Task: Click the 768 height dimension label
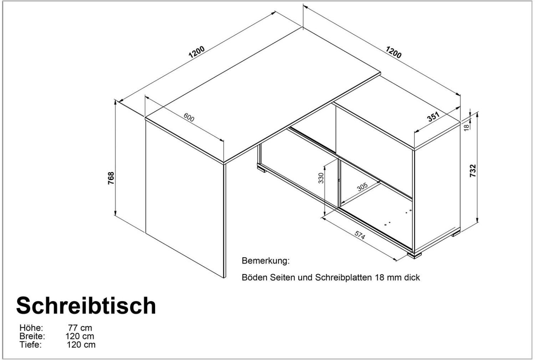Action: coord(111,178)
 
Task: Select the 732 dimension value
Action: coord(473,171)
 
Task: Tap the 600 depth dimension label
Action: coord(189,117)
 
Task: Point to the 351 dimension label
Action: coord(433,117)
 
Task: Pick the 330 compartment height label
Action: coord(321,178)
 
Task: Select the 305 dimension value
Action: coord(362,187)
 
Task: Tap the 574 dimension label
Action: coord(360,235)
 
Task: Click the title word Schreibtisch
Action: coord(86,306)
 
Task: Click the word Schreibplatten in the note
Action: coord(343,278)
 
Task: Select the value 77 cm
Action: coord(80,328)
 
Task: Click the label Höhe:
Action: coord(31,328)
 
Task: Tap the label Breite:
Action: coord(32,336)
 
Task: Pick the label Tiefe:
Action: coord(31,345)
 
